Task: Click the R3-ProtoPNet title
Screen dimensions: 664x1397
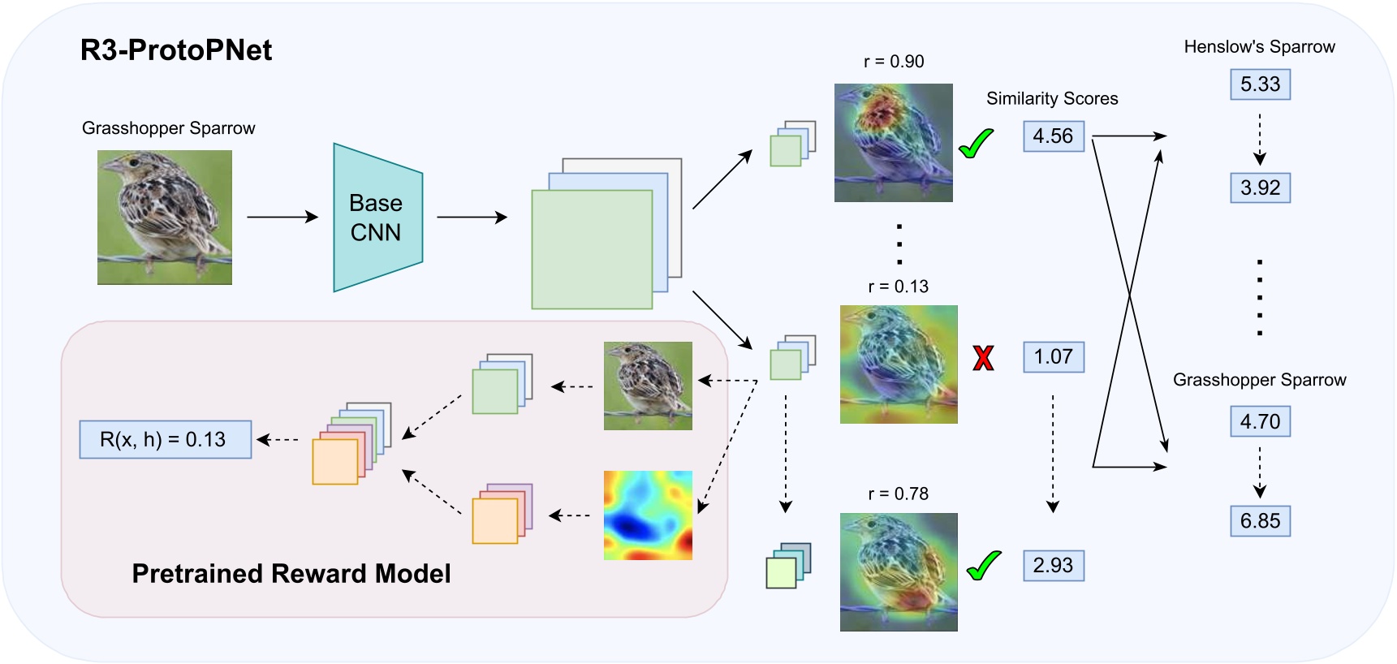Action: click(175, 50)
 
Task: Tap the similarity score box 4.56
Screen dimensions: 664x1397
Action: click(1053, 136)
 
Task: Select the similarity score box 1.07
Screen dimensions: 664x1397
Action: click(1053, 357)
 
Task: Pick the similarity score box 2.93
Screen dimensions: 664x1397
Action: click(1053, 566)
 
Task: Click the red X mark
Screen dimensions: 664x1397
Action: click(983, 357)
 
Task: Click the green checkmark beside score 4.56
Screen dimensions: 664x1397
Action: click(976, 144)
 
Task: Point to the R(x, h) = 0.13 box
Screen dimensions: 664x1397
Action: click(165, 440)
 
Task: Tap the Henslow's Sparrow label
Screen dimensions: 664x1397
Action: click(1259, 47)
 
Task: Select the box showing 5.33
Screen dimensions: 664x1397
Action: click(1260, 84)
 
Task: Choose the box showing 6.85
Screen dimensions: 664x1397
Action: click(1260, 521)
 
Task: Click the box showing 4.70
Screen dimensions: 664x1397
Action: click(1260, 422)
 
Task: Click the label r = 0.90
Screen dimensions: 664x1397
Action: click(894, 62)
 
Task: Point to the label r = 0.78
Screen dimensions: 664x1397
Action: click(898, 494)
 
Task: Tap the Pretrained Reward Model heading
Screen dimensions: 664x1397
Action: click(291, 574)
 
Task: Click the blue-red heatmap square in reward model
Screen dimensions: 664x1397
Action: click(648, 515)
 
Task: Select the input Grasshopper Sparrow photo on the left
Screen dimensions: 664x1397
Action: click(165, 218)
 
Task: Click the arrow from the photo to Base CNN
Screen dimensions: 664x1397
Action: click(282, 218)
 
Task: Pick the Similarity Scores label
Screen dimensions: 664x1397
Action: click(1052, 99)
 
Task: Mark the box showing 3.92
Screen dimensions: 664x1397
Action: click(1260, 188)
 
